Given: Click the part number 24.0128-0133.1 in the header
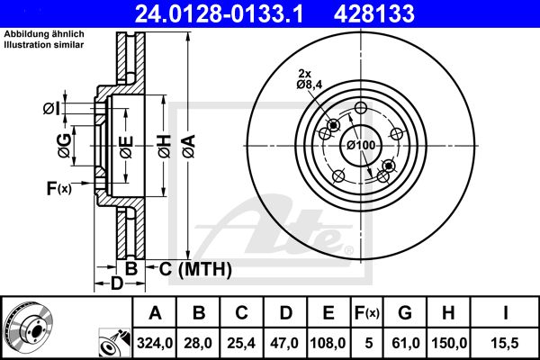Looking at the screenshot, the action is (219, 13).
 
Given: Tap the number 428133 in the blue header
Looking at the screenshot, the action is (374, 13).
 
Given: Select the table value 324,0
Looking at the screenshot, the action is (155, 343).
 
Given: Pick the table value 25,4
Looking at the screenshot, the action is (241, 343).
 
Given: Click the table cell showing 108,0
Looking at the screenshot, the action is (328, 343).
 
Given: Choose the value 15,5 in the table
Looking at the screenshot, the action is (506, 343).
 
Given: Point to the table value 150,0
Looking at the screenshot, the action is (449, 343).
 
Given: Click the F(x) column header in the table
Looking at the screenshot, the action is (367, 313).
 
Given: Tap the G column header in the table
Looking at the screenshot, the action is (405, 313).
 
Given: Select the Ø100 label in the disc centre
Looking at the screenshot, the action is (361, 145).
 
